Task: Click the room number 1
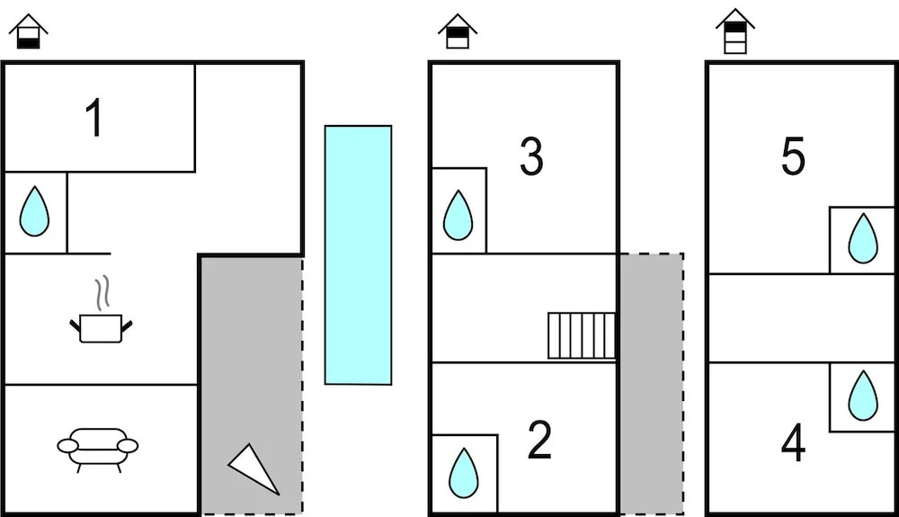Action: pos(94,118)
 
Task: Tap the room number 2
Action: pos(539,440)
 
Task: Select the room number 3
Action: pos(531,156)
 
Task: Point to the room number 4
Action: pos(793,442)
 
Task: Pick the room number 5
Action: pos(793,156)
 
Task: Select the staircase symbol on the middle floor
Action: pos(582,335)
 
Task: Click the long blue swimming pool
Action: pos(359,255)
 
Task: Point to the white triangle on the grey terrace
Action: pos(253,468)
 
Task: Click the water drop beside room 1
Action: pos(34,211)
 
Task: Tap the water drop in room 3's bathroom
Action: pos(458,215)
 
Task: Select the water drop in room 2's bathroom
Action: pos(463,473)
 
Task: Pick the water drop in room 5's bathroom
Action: pos(863,238)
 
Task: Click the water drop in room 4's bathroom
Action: pos(863,396)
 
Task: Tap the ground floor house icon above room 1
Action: pos(29,31)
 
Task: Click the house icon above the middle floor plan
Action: pos(458,31)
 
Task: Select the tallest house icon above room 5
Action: pos(735,31)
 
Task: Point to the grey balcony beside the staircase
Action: pos(651,383)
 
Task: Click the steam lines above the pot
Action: pos(102,293)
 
